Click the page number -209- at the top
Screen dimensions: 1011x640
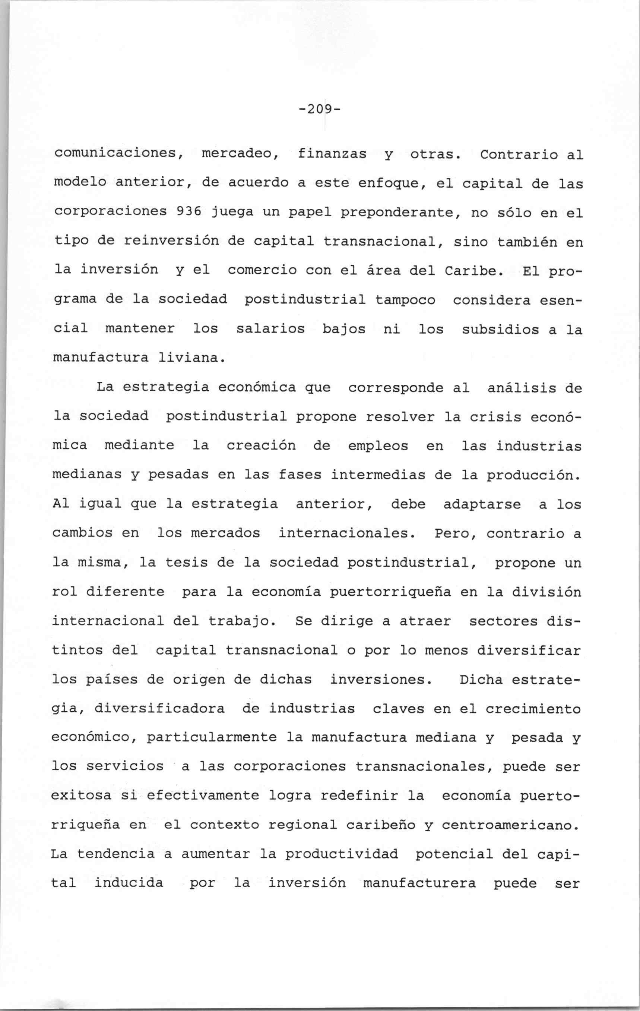[320, 110]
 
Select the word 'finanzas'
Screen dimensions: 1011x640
[332, 154]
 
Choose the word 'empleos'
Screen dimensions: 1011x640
[378, 446]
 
